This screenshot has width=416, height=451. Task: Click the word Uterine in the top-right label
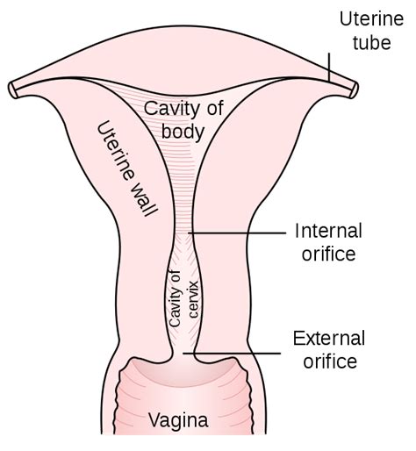[371, 19]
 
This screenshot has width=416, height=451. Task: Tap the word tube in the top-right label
[372, 42]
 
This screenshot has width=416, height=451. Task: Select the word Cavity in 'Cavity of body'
[170, 110]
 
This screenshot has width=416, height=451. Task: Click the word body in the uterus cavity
[183, 132]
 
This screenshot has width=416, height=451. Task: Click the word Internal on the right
[328, 231]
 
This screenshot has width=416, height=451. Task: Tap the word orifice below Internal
[328, 253]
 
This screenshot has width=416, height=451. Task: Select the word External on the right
[329, 338]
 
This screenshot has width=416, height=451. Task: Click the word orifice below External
[330, 361]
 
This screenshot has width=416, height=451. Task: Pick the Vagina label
[178, 420]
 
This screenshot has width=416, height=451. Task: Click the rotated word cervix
[194, 299]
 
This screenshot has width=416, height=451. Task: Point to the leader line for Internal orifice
[237, 233]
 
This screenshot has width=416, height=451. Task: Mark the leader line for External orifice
[232, 354]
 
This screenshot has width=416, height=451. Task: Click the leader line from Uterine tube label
[329, 67]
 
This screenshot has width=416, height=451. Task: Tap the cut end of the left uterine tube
[13, 90]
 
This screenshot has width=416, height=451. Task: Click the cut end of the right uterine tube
[355, 90]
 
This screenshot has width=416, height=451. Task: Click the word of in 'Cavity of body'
[215, 108]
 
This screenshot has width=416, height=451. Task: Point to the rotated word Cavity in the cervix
[175, 299]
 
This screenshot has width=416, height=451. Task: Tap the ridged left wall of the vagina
[118, 402]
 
